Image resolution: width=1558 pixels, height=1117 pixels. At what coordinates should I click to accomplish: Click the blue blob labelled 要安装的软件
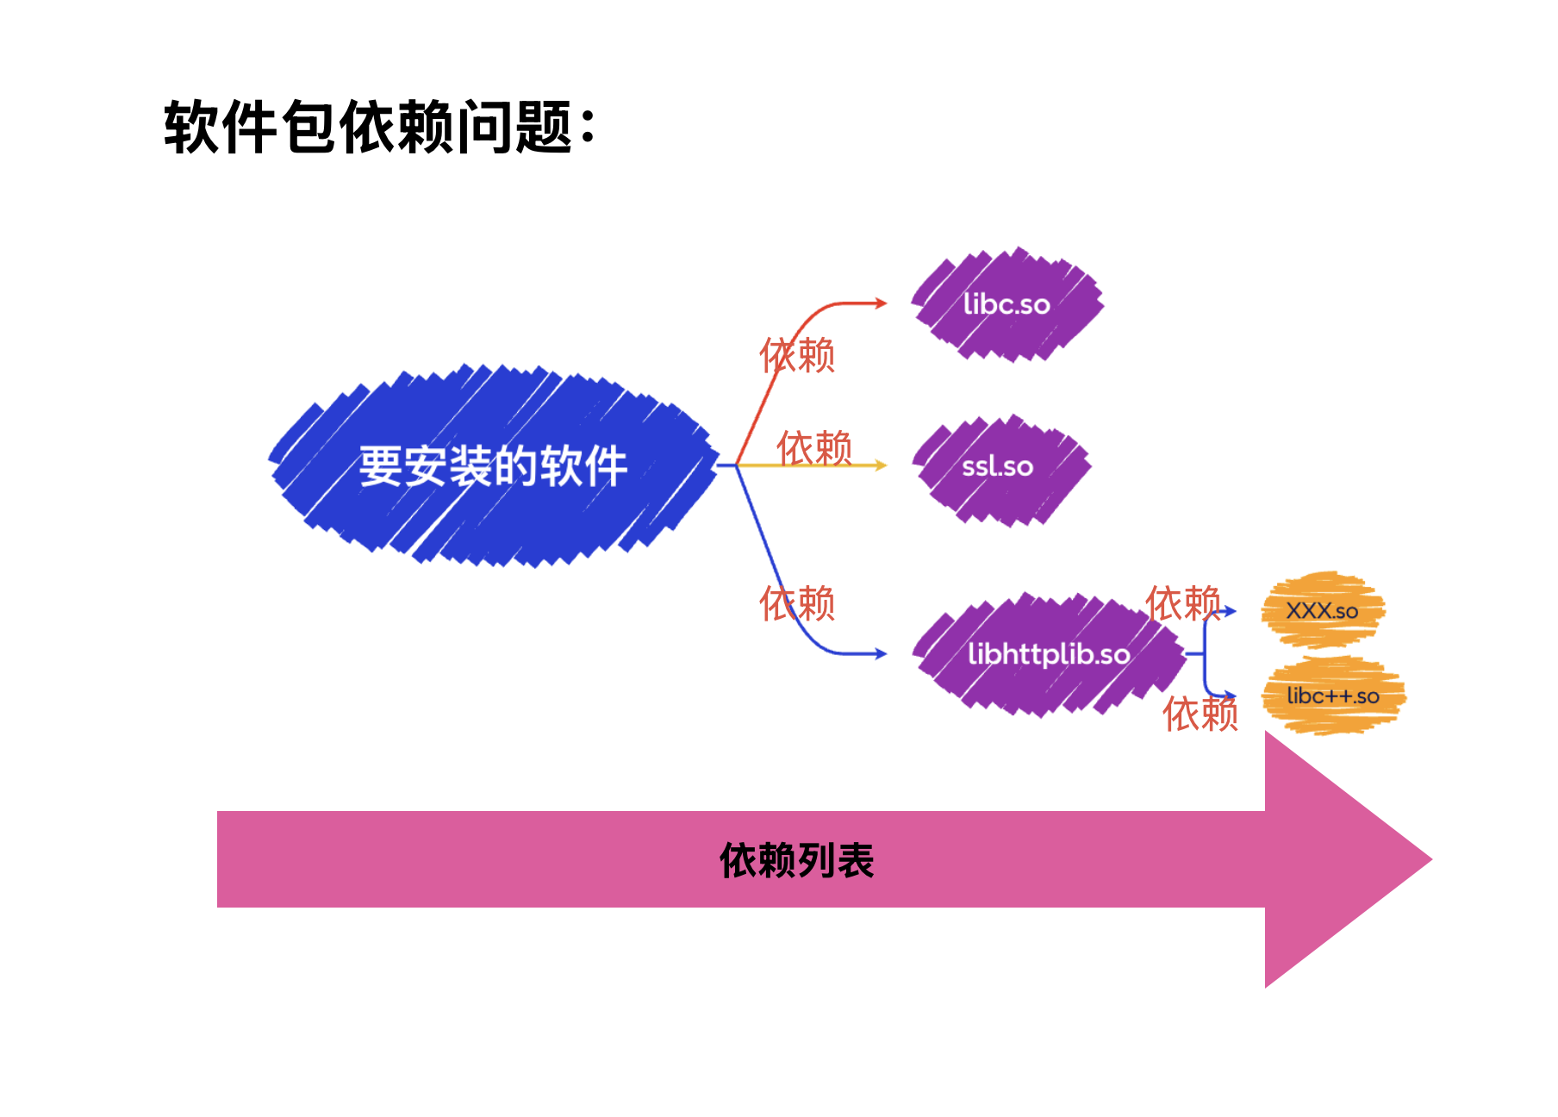coord(493,466)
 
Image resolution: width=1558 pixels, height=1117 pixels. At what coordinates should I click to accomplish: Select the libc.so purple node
coord(1006,304)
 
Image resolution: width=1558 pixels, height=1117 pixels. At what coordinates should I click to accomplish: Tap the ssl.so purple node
coord(1000,467)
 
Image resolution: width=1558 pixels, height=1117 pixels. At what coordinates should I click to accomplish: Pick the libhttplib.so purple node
coord(1048,654)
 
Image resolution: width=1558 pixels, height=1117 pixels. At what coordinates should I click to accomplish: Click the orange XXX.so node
coord(1322,611)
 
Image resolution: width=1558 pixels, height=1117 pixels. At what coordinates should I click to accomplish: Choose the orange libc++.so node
coord(1332,696)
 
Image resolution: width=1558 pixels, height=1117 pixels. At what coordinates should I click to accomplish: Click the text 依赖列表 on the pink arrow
coord(797,860)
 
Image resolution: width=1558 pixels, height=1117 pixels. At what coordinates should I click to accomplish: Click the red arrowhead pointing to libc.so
coord(881,303)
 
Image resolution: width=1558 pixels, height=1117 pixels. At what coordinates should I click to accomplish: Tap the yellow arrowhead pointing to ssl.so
coord(881,465)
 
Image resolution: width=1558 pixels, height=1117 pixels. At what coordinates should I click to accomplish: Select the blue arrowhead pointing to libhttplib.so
coord(881,654)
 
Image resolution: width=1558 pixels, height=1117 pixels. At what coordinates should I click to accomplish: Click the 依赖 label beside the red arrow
coord(797,355)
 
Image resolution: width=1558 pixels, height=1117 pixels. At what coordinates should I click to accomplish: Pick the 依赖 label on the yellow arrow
coord(814,448)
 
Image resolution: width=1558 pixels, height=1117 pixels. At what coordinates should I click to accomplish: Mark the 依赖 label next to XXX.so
coord(1182,602)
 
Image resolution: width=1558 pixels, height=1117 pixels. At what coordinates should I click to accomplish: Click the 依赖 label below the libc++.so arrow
coord(1200,714)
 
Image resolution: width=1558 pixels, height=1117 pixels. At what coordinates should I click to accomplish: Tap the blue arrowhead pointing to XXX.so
coord(1231,611)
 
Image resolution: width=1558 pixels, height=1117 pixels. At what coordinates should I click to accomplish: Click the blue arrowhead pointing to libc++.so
coord(1231,696)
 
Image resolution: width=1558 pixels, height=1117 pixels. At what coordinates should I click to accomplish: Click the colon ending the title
coord(588,128)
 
